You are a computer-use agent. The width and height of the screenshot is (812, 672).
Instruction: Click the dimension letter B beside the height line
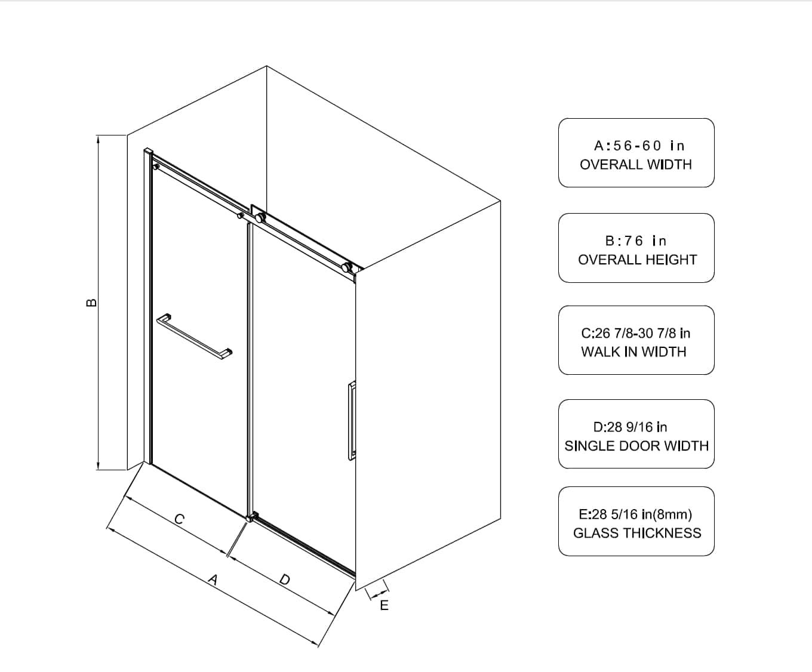point(91,303)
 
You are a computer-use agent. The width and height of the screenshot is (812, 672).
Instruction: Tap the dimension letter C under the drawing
point(179,519)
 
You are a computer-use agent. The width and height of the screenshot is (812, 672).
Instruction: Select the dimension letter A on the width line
point(213,579)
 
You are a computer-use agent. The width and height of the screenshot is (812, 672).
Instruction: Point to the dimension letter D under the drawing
point(285,579)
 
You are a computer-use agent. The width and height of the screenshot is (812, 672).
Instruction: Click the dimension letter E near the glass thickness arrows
point(384,605)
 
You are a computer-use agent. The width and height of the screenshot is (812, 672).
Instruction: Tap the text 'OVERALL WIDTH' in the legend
point(636,164)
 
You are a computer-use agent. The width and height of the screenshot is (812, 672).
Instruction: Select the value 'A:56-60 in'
point(639,146)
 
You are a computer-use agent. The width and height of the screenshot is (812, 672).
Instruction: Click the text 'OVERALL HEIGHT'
point(638,259)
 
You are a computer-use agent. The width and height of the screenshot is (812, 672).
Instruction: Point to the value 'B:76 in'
point(635,241)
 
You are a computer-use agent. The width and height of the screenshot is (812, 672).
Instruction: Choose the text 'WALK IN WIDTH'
point(633,352)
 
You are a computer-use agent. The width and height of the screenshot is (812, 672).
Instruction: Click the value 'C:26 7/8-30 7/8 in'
point(635,333)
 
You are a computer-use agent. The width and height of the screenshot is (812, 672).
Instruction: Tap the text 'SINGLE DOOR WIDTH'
point(636,446)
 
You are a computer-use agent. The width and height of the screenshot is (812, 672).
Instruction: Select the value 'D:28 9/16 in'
point(630,427)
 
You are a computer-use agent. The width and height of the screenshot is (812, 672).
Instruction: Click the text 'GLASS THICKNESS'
point(637,533)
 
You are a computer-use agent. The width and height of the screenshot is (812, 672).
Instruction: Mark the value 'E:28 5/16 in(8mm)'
point(635,514)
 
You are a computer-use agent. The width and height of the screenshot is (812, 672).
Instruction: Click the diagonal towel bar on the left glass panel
point(194,337)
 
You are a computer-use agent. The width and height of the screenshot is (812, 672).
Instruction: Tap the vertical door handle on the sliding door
point(352,421)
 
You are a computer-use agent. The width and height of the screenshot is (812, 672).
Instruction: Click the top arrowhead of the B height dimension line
point(98,138)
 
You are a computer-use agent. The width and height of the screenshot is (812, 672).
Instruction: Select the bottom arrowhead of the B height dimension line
point(98,466)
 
